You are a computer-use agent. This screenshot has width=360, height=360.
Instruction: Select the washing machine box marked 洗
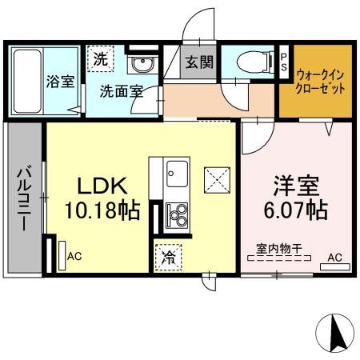(x=100, y=58)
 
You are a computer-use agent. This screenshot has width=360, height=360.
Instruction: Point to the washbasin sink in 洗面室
(x=143, y=64)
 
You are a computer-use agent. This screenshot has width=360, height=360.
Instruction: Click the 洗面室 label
(x=121, y=91)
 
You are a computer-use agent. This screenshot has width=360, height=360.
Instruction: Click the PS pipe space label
(x=285, y=62)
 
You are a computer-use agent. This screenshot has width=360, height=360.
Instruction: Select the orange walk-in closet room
(x=315, y=81)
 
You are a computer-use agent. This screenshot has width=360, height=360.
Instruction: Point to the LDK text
(x=102, y=186)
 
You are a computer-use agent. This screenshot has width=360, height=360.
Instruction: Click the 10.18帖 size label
(x=102, y=211)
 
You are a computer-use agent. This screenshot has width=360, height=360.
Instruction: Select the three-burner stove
(x=176, y=214)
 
